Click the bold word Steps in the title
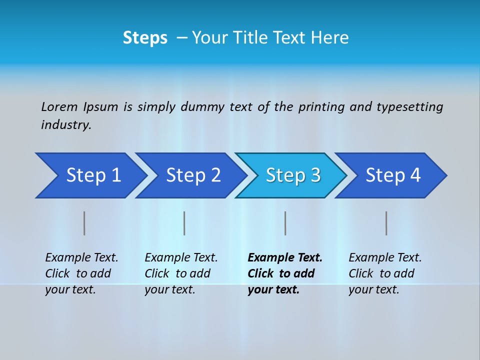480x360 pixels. (145, 38)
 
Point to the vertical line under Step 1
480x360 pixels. (84, 223)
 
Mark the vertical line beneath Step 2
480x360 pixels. (184, 223)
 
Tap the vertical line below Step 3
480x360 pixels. (285, 223)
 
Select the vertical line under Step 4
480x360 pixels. (386, 223)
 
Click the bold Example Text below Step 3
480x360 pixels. (285, 257)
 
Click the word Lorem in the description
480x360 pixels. (59, 106)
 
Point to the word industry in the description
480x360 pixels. (66, 124)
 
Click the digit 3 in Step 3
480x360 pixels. (315, 175)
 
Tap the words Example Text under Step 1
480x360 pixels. (81, 257)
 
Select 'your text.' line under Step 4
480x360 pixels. (373, 289)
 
